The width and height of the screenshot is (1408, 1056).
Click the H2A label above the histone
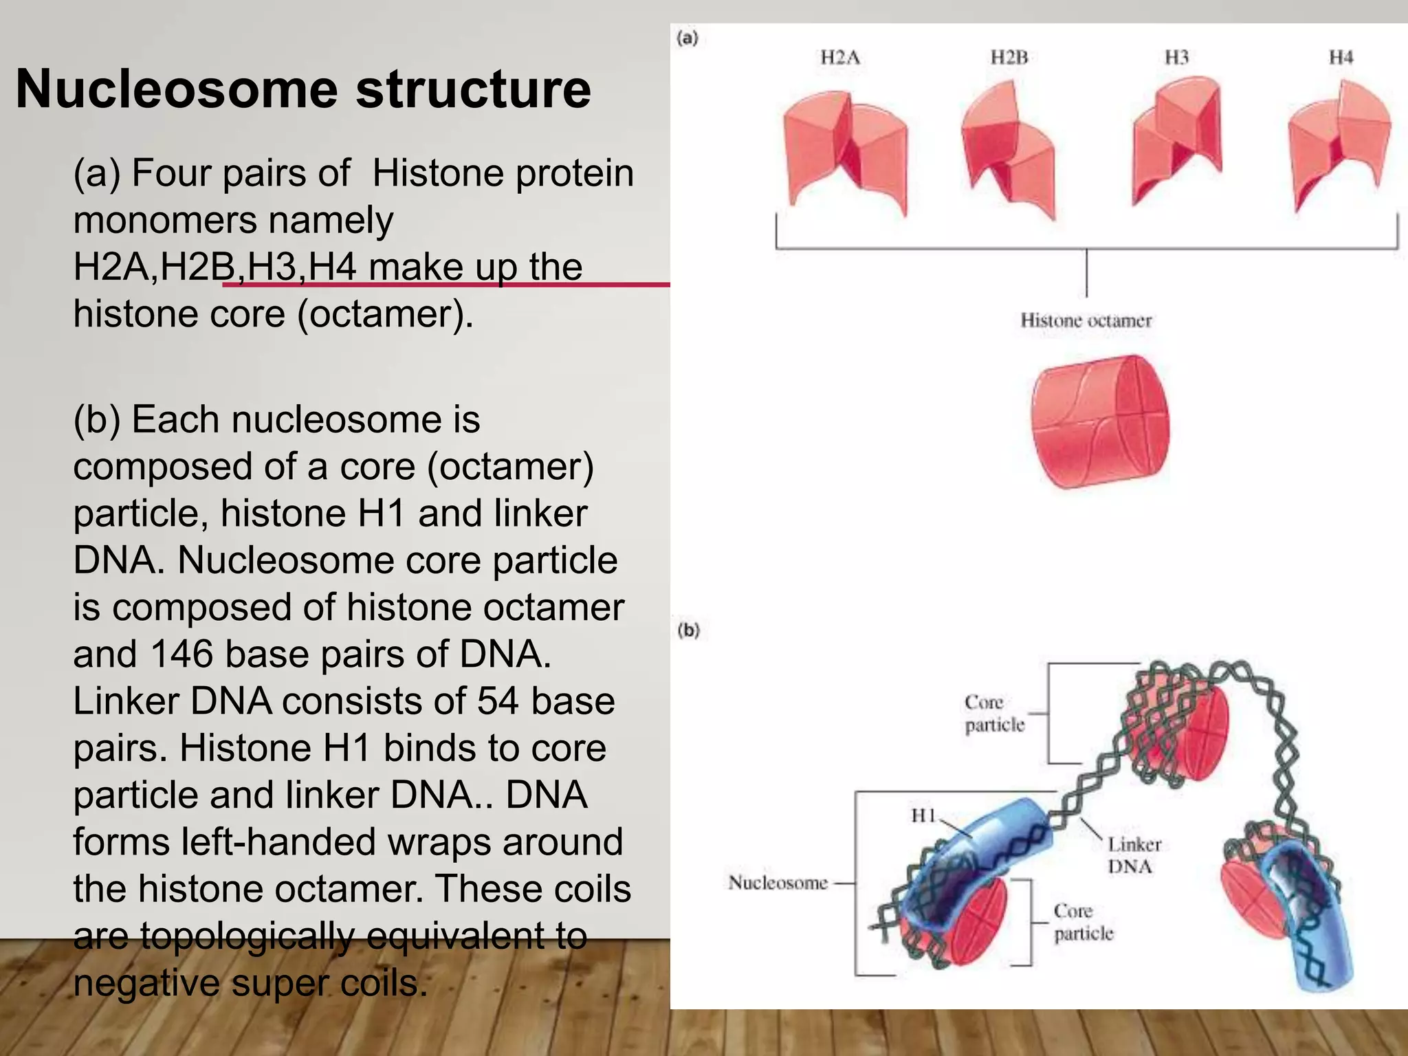(840, 57)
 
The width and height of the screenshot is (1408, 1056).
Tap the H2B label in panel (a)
(1009, 57)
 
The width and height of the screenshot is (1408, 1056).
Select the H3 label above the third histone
(1176, 57)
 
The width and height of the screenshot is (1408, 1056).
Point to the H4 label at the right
(1341, 57)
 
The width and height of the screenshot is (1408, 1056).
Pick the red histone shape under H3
(1176, 141)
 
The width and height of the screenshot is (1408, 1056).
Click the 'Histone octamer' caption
(1086, 320)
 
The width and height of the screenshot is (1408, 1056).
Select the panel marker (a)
(687, 38)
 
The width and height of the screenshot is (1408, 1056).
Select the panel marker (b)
(688, 630)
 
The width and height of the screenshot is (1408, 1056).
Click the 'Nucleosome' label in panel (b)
(778, 883)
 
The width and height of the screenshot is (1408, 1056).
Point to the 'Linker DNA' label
(1134, 855)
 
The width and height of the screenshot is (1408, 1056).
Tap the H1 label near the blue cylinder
(923, 815)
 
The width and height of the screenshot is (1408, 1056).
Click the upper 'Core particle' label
(994, 714)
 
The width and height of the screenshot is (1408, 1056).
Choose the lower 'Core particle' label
(1083, 922)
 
